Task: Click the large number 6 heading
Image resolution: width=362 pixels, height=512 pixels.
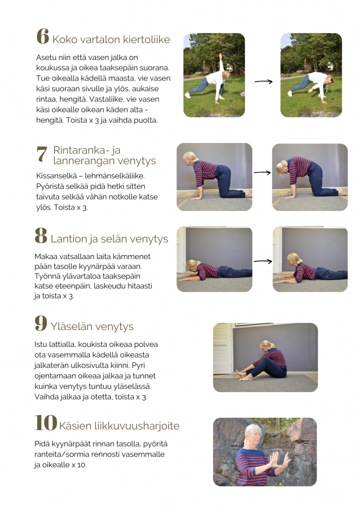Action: coord(43,36)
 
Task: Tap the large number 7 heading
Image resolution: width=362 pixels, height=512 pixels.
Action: coord(42,154)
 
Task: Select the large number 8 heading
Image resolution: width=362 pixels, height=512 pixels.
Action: coord(41,236)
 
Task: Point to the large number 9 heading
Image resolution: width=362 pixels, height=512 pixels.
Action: coord(41,323)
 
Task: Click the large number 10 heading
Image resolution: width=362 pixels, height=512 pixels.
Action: coord(46,423)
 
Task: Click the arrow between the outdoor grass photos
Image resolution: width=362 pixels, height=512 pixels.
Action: coord(263,81)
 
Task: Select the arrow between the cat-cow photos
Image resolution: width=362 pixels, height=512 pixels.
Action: coord(262,172)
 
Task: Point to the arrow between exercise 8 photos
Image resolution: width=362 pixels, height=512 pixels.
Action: coord(263,261)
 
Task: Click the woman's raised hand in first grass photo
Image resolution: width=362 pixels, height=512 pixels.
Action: coord(220,56)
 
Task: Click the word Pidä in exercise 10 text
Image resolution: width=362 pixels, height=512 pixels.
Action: coord(42,444)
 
